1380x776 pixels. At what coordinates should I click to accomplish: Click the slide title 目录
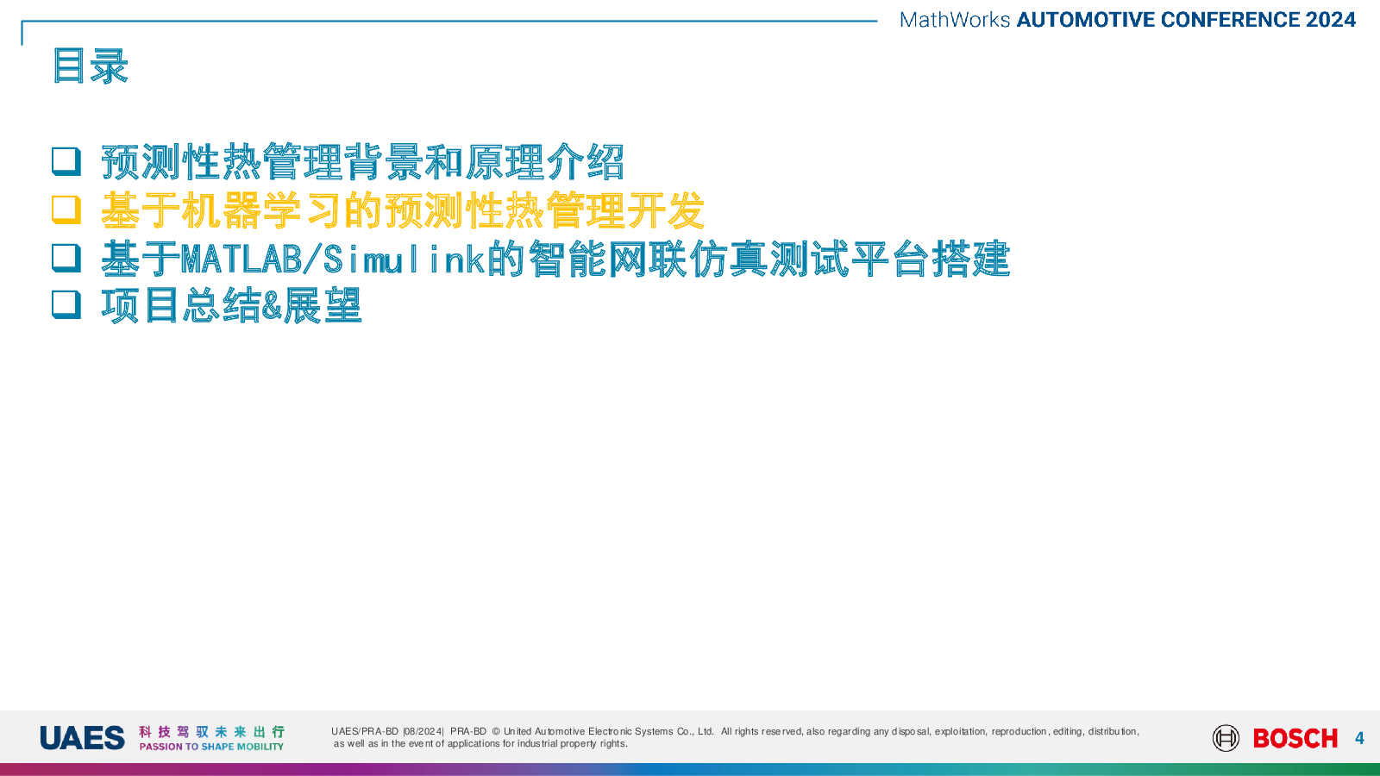90,66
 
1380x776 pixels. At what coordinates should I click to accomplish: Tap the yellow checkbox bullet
66,210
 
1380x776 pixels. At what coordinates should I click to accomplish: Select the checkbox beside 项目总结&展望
66,304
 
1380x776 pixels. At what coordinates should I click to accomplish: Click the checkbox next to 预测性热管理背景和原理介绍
66,161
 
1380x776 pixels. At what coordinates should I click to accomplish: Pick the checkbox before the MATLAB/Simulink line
66,258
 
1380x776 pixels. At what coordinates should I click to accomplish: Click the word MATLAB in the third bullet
241,259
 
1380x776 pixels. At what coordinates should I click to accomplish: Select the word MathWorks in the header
954,20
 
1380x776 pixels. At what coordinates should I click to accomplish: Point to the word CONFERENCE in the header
1230,20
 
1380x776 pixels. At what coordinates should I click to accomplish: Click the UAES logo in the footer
82,738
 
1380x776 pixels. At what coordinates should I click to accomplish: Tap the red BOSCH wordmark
1295,738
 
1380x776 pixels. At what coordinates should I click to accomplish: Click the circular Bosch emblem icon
1226,738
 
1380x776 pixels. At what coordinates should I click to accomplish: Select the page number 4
1359,738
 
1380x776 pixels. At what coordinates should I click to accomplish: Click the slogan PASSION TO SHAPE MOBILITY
211,747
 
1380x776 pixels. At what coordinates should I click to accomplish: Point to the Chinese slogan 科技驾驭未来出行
211,732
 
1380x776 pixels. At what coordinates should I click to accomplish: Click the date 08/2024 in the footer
423,732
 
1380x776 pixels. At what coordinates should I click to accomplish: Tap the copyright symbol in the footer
496,732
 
